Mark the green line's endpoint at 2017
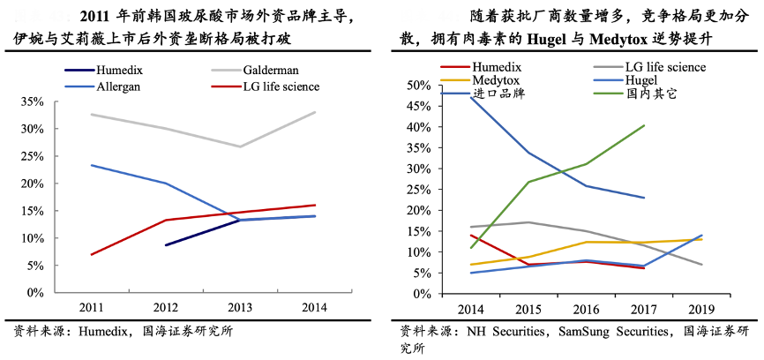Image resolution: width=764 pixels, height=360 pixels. (x=644, y=125)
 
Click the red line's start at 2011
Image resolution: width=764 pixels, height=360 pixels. (x=92, y=254)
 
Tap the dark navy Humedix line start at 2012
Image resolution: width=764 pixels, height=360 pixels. (x=167, y=244)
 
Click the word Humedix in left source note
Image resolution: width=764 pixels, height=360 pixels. (x=104, y=333)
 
